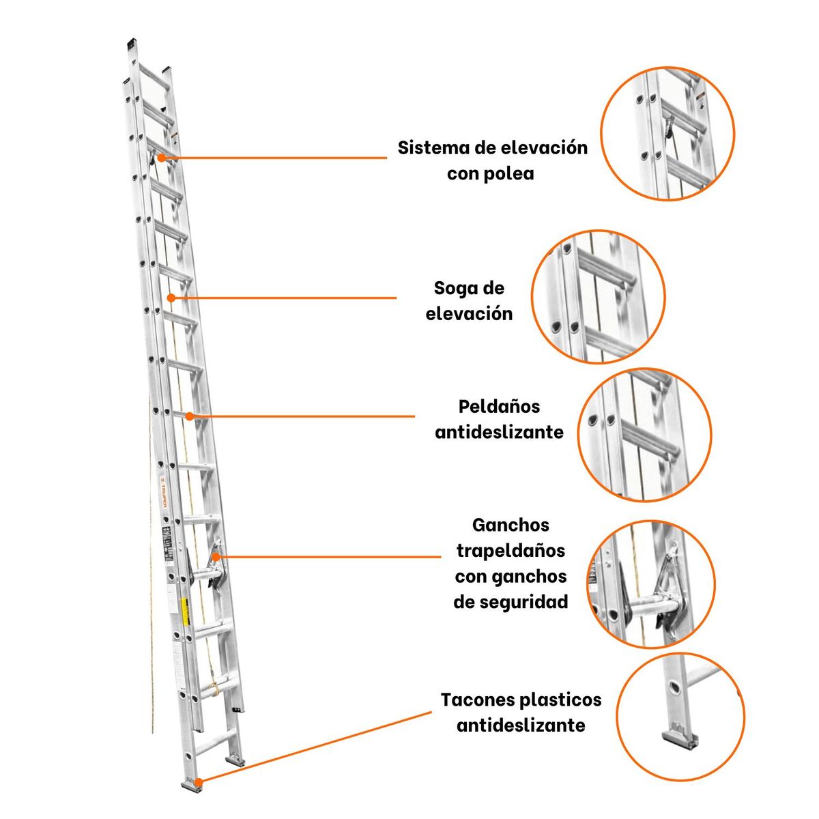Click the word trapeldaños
(511, 550)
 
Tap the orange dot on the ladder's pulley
(162, 157)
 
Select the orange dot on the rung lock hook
(216, 557)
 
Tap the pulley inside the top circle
(670, 127)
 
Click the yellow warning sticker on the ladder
(184, 609)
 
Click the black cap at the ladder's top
(131, 44)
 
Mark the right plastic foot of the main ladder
(234, 759)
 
